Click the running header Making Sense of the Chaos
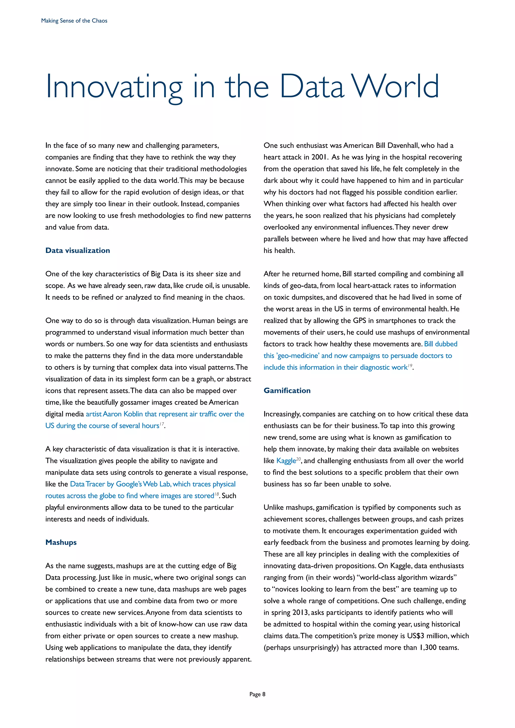click(74, 21)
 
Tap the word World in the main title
click(396, 86)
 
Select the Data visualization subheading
click(78, 250)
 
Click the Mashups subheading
click(61, 542)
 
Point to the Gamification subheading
click(287, 391)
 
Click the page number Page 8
click(257, 694)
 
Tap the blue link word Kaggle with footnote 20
click(286, 461)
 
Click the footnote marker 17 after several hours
click(162, 424)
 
